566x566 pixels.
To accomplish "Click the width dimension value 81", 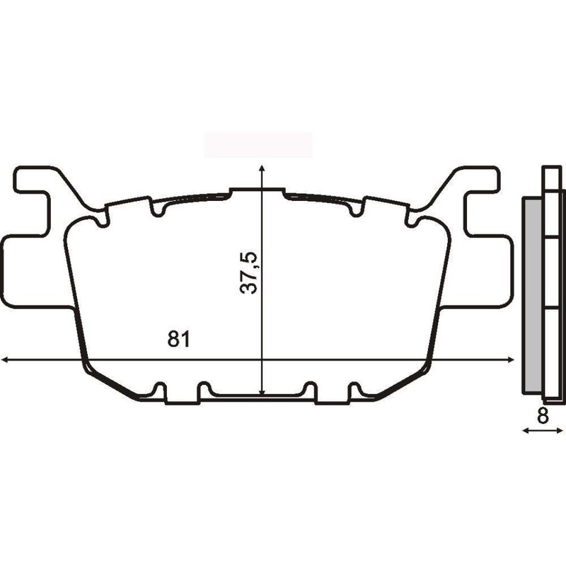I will [179, 339].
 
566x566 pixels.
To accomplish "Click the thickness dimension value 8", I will [543, 417].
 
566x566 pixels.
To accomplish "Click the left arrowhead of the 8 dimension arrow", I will [524, 430].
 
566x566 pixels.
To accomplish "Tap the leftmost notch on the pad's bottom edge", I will [160, 389].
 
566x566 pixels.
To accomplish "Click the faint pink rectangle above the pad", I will [258, 144].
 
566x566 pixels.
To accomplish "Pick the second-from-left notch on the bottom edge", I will [204, 389].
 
